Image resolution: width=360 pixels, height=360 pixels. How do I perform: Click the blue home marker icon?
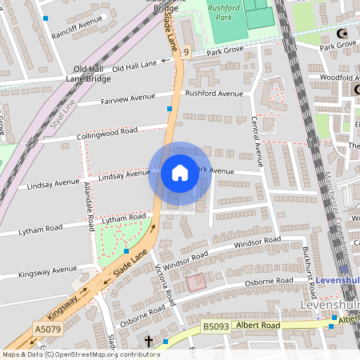tap(179, 173)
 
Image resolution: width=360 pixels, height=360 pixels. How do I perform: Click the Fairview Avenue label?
tap(127, 100)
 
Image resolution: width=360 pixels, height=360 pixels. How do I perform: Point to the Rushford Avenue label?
tap(214, 94)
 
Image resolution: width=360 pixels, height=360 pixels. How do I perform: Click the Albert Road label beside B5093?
tap(258, 326)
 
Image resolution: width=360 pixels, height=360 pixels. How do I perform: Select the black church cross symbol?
tap(148, 342)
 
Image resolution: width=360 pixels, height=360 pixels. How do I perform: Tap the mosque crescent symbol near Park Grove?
tap(345, 34)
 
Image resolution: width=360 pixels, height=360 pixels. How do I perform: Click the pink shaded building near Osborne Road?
tap(194, 282)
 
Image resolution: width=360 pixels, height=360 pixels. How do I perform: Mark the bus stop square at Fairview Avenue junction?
tap(170, 108)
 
